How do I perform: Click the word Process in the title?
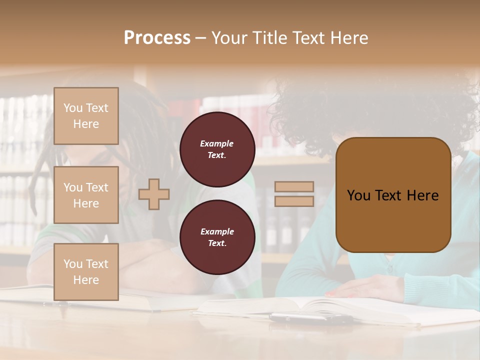click(157, 38)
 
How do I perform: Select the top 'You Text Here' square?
click(86, 116)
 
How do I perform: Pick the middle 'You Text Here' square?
click(86, 195)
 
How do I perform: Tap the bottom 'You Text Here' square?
click(86, 272)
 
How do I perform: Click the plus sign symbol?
click(154, 194)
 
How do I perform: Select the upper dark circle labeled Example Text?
click(217, 149)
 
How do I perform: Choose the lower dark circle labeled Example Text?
click(217, 237)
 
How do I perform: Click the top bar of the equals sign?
click(294, 187)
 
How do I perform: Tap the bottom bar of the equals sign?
click(294, 201)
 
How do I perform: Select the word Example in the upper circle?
click(217, 143)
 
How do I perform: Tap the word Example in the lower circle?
click(217, 231)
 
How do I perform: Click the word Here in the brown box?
click(422, 195)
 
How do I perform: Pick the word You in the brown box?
click(358, 195)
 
